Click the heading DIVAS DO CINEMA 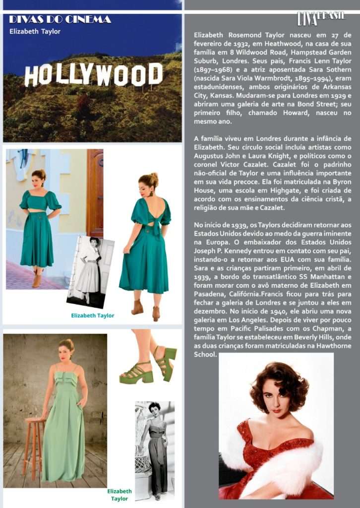(x=60, y=20)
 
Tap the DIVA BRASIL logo (x=321, y=18)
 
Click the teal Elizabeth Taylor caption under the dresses (x=92, y=316)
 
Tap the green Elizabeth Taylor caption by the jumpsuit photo (x=120, y=495)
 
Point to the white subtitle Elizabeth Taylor (x=35, y=31)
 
